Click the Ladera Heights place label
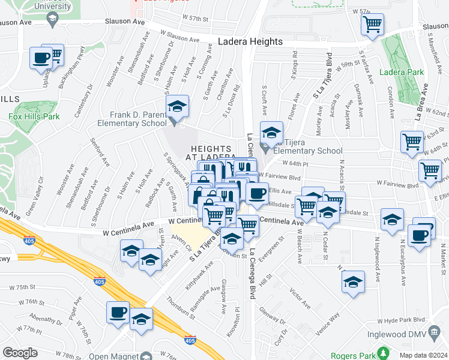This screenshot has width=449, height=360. (x=250, y=42)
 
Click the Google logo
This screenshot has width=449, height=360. (x=20, y=353)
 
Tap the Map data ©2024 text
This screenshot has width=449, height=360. (x=423, y=355)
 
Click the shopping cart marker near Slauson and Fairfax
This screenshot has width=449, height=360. (x=373, y=26)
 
